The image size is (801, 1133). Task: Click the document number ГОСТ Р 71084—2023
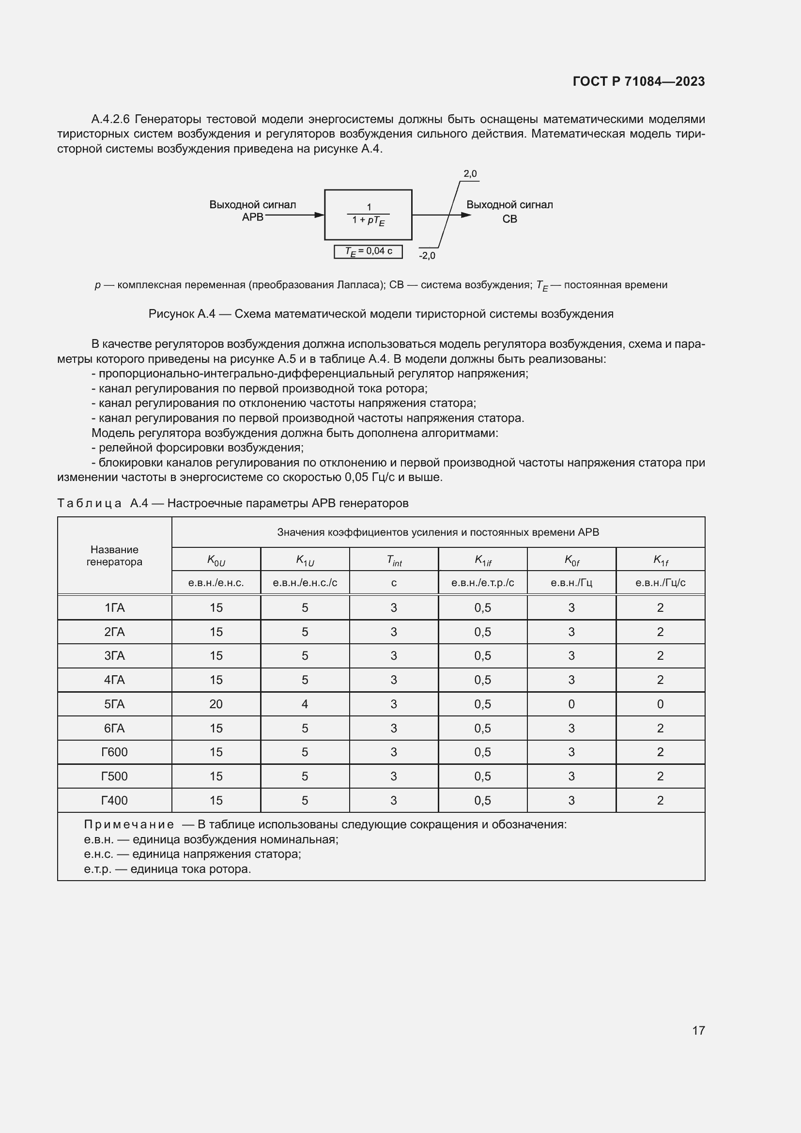(x=638, y=81)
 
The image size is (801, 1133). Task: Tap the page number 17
(x=698, y=1030)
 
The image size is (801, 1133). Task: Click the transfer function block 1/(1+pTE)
(x=368, y=215)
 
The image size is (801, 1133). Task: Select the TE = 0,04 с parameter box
(x=368, y=252)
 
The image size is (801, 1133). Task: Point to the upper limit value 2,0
(x=470, y=174)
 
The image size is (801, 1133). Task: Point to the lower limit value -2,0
(x=427, y=256)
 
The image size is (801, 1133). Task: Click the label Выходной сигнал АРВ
(x=252, y=211)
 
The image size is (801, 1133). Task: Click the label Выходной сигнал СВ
(x=509, y=211)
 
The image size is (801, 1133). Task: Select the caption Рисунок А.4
(x=381, y=314)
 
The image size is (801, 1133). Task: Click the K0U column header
(x=216, y=559)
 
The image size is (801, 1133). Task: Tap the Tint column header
(x=394, y=559)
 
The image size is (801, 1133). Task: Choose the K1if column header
(x=482, y=559)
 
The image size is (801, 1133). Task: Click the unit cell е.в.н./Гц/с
(x=660, y=583)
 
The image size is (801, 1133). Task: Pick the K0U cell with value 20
(x=216, y=704)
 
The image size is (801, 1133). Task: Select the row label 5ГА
(x=114, y=704)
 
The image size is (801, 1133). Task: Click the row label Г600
(x=114, y=752)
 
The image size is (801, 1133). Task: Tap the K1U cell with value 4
(x=305, y=704)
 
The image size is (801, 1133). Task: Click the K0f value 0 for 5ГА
(x=571, y=704)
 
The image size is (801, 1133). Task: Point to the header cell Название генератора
(x=114, y=556)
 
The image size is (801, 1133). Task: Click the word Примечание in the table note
(x=129, y=824)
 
